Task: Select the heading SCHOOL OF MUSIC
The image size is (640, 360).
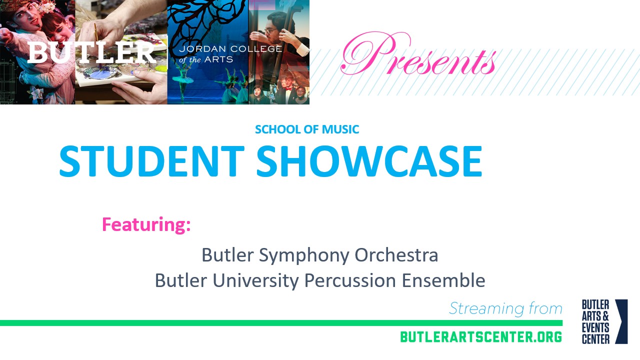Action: [307, 129]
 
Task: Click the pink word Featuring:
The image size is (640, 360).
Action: [146, 224]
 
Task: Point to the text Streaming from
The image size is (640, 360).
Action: [505, 308]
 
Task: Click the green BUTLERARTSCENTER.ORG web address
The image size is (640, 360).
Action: [481, 337]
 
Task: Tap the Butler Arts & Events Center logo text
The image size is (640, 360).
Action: [595, 322]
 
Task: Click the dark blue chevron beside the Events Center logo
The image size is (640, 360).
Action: [621, 321]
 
